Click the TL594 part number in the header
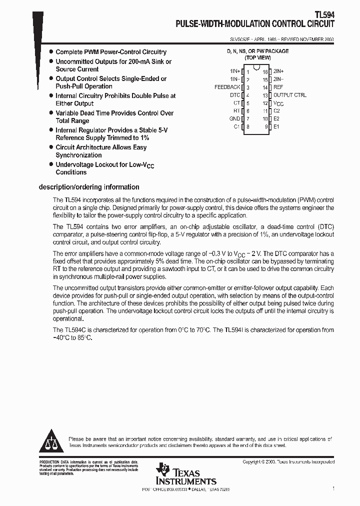pyautogui.click(x=325, y=15)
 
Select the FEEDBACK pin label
pyautogui.click(x=227, y=87)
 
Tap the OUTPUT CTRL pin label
pyautogui.click(x=289, y=95)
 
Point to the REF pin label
pyautogui.click(x=278, y=87)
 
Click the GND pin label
pyautogui.click(x=234, y=118)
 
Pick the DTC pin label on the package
pyautogui.click(x=234, y=95)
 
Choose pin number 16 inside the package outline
pyautogui.click(x=265, y=71)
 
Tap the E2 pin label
pyautogui.click(x=276, y=118)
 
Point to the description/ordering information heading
pyautogui.click(x=89, y=187)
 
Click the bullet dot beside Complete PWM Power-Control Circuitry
pyautogui.click(x=51, y=52)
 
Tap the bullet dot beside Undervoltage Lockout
pyautogui.click(x=51, y=164)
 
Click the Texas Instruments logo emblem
pyautogui.click(x=162, y=469)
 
